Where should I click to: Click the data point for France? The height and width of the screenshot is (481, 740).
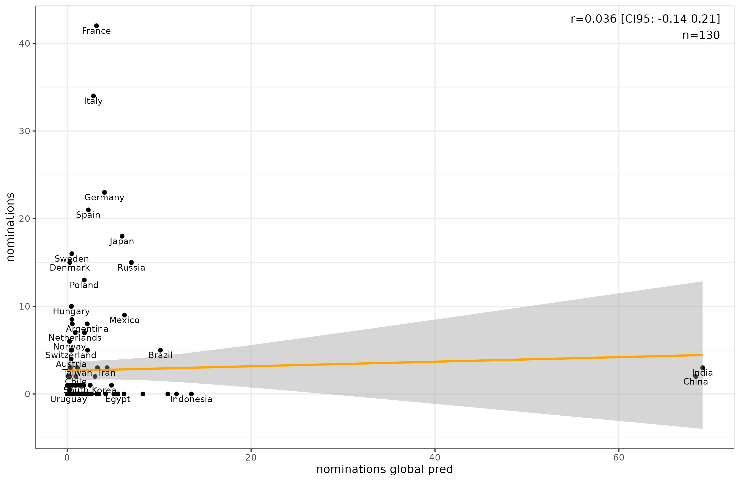click(x=96, y=26)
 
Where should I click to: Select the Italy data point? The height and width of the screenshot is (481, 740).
click(x=93, y=96)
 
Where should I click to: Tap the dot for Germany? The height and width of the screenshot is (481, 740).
click(x=105, y=192)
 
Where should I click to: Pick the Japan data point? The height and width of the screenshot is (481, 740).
click(x=122, y=236)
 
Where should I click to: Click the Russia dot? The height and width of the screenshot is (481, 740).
click(x=131, y=263)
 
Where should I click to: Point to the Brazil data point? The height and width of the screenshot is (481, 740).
click(x=160, y=350)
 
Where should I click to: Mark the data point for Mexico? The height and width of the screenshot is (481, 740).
click(x=124, y=315)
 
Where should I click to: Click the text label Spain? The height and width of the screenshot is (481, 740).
click(x=88, y=215)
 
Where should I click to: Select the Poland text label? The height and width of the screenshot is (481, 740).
click(x=84, y=285)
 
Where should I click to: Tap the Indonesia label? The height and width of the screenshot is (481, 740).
click(x=191, y=399)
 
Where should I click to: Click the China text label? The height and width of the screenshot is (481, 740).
click(x=696, y=382)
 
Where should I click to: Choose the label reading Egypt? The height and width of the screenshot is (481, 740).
click(x=118, y=399)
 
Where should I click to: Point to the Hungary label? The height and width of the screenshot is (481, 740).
click(x=71, y=312)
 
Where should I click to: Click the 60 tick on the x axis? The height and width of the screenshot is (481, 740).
click(x=619, y=458)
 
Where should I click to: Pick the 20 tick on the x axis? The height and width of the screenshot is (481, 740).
click(x=251, y=458)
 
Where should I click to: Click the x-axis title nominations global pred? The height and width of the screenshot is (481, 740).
click(x=385, y=469)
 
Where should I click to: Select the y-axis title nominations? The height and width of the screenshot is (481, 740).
click(x=11, y=227)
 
